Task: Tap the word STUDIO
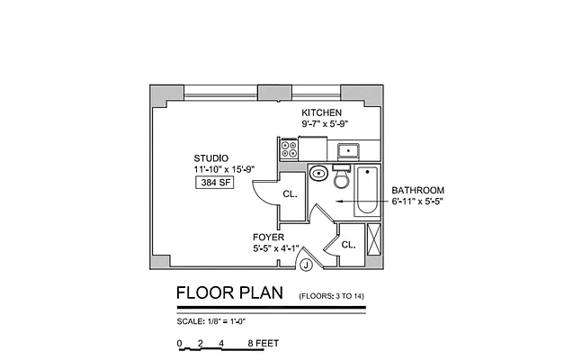pyautogui.click(x=210, y=157)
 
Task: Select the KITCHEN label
pyautogui.click(x=321, y=112)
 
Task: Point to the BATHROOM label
pyautogui.click(x=417, y=190)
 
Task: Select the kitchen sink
pyautogui.click(x=347, y=149)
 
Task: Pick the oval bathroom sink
pyautogui.click(x=318, y=173)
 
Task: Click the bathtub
pyautogui.click(x=366, y=191)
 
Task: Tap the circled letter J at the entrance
pyautogui.click(x=306, y=265)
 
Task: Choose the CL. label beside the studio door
pyautogui.click(x=290, y=194)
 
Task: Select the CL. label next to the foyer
pyautogui.click(x=348, y=244)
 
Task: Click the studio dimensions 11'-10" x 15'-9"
pyautogui.click(x=219, y=168)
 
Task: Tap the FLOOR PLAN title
pyautogui.click(x=228, y=294)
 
